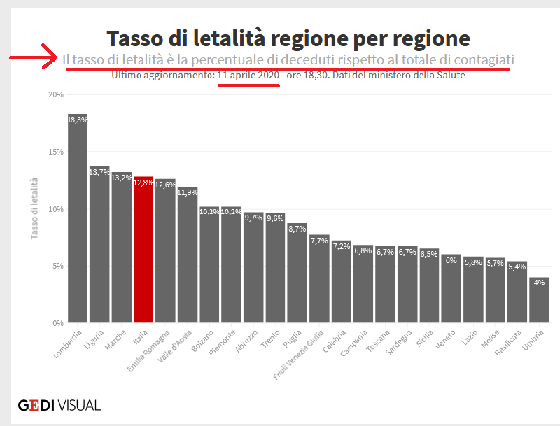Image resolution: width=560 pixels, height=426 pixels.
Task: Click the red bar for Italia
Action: click(x=143, y=250)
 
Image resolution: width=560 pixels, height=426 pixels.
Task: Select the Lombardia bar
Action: click(x=78, y=218)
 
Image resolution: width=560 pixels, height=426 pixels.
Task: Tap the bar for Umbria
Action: click(x=539, y=300)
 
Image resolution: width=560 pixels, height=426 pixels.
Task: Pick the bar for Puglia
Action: click(x=297, y=273)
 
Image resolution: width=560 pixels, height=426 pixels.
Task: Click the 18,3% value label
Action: click(x=78, y=120)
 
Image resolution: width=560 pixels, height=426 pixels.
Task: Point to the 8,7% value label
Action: click(x=297, y=229)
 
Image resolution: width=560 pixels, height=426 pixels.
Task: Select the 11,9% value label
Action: click(x=188, y=192)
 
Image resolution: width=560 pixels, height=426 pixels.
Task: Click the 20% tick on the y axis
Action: click(x=56, y=94)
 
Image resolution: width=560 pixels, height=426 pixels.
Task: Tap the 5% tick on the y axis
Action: click(x=58, y=266)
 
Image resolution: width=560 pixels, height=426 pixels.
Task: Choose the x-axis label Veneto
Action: click(x=444, y=339)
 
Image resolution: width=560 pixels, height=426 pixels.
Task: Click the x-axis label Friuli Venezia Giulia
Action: click(x=298, y=355)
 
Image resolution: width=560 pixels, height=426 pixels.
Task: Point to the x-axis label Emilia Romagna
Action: click(x=148, y=351)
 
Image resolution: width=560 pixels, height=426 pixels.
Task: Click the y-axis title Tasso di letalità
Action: click(x=34, y=208)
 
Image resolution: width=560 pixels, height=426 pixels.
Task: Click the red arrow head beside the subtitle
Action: click(x=50, y=57)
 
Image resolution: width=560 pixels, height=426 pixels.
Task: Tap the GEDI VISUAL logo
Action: click(x=59, y=405)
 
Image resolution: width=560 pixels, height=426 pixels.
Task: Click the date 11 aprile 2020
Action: click(x=248, y=76)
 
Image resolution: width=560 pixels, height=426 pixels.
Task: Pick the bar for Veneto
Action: click(x=451, y=289)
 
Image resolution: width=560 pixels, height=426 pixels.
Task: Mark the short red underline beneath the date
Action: click(x=248, y=85)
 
